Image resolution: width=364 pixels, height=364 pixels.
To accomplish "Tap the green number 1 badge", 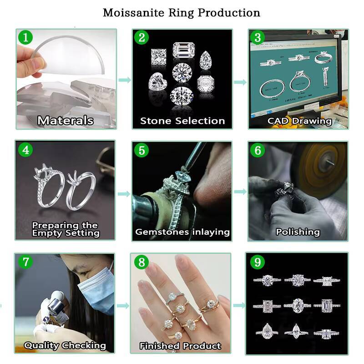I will pyautogui.click(x=25, y=37).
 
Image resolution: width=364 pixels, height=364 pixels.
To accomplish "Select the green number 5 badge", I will pyautogui.click(x=142, y=150).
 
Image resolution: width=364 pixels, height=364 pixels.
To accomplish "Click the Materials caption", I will pyautogui.click(x=66, y=121).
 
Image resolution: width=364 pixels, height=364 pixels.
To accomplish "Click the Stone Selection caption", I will pyautogui.click(x=182, y=121).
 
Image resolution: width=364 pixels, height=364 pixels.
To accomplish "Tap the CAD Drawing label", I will pyautogui.click(x=299, y=121).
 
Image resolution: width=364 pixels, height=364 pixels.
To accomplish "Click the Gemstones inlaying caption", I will pyautogui.click(x=182, y=232).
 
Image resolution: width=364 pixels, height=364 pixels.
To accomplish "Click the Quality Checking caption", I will pyautogui.click(x=65, y=345).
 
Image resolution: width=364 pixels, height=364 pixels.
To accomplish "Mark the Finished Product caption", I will pyautogui.click(x=180, y=346).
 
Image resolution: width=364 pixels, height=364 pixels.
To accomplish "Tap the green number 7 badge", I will pyautogui.click(x=25, y=262).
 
